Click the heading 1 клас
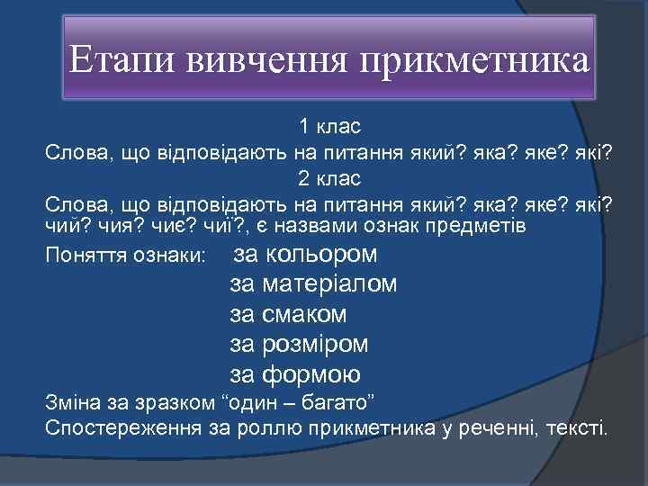330,125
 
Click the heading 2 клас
330,178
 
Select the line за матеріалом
313,285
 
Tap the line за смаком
289,315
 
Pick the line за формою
295,374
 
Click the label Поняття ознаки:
126,257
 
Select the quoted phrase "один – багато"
309,400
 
